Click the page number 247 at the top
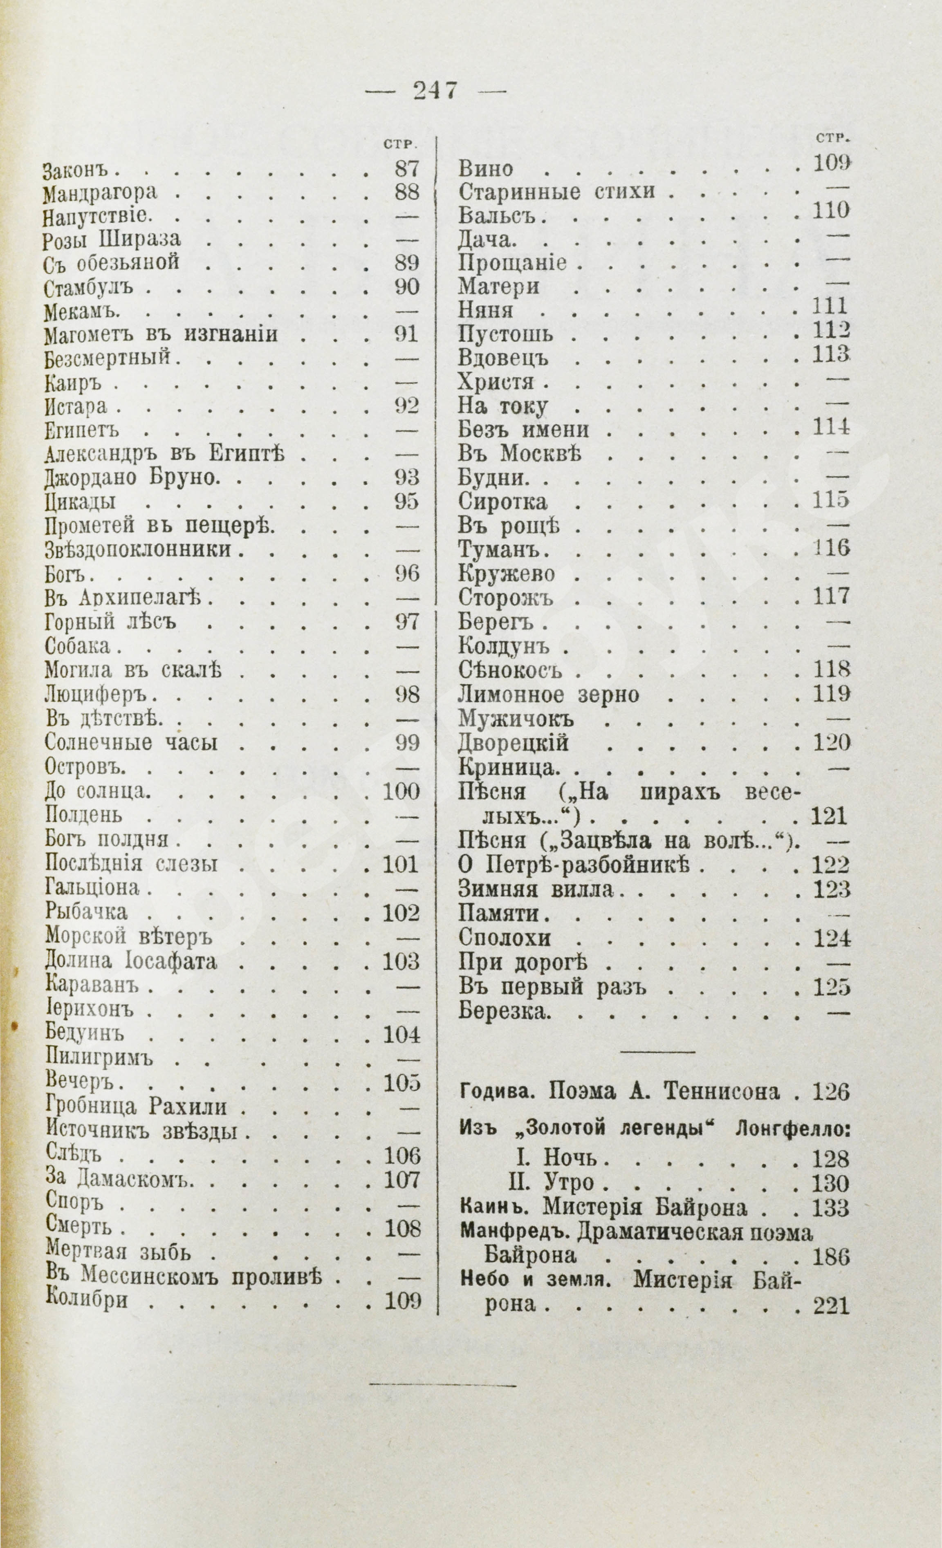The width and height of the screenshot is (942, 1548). [x=435, y=91]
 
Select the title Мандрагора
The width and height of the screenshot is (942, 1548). [x=101, y=193]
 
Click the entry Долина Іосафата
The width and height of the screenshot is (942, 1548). [x=131, y=962]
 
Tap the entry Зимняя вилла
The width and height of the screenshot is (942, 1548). [x=536, y=889]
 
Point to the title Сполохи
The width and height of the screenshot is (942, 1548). [x=505, y=938]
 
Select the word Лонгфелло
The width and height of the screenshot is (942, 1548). [x=791, y=1128]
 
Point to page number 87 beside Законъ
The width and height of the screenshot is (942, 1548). [x=406, y=169]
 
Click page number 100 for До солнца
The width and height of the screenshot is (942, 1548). [x=401, y=792]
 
